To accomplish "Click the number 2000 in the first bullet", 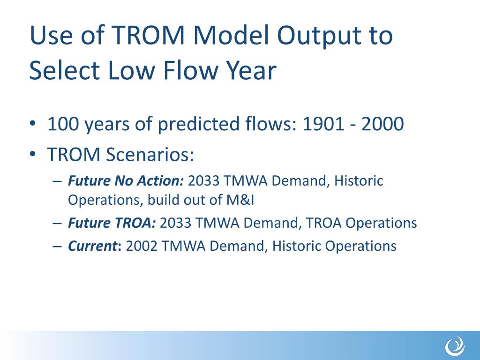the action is pyautogui.click(x=382, y=124).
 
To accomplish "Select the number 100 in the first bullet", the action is pyautogui.click(x=63, y=124).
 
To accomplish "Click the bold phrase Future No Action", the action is pyautogui.click(x=126, y=180).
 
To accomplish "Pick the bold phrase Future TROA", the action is pyautogui.click(x=112, y=223).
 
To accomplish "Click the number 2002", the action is pyautogui.click(x=142, y=246).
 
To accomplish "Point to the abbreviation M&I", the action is pyautogui.click(x=240, y=200).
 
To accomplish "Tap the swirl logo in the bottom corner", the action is pyautogui.click(x=455, y=346).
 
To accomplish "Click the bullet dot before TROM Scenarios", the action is pyautogui.click(x=32, y=154).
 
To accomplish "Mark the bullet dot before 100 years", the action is pyautogui.click(x=32, y=124).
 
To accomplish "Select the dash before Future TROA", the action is pyautogui.click(x=57, y=223).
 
